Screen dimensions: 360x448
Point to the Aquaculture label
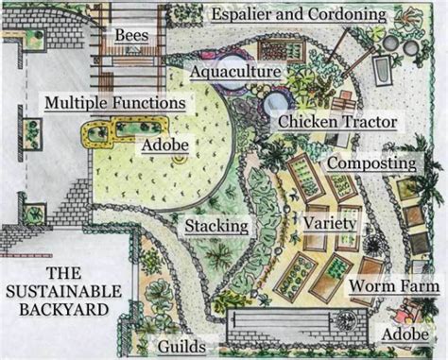(x=234, y=72)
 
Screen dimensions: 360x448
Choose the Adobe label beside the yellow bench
(x=165, y=146)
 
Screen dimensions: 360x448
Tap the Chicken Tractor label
(x=337, y=122)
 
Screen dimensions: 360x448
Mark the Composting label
(x=372, y=163)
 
